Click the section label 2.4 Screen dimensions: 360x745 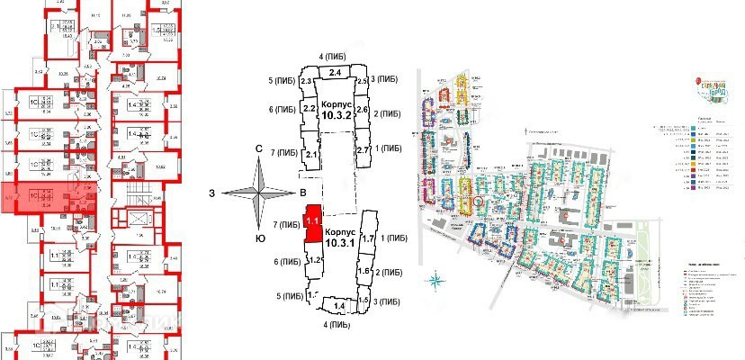[x=337, y=72]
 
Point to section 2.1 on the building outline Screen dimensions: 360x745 [x=313, y=155]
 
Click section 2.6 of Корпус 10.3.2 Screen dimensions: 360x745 [x=364, y=110]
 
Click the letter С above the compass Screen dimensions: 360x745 [x=258, y=149]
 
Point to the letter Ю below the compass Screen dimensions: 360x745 [x=258, y=238]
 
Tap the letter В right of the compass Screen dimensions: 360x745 [x=303, y=192]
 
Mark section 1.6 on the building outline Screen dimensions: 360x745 [x=365, y=271]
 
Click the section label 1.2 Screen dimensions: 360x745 [x=316, y=259]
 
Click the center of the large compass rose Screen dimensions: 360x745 [x=258, y=192]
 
